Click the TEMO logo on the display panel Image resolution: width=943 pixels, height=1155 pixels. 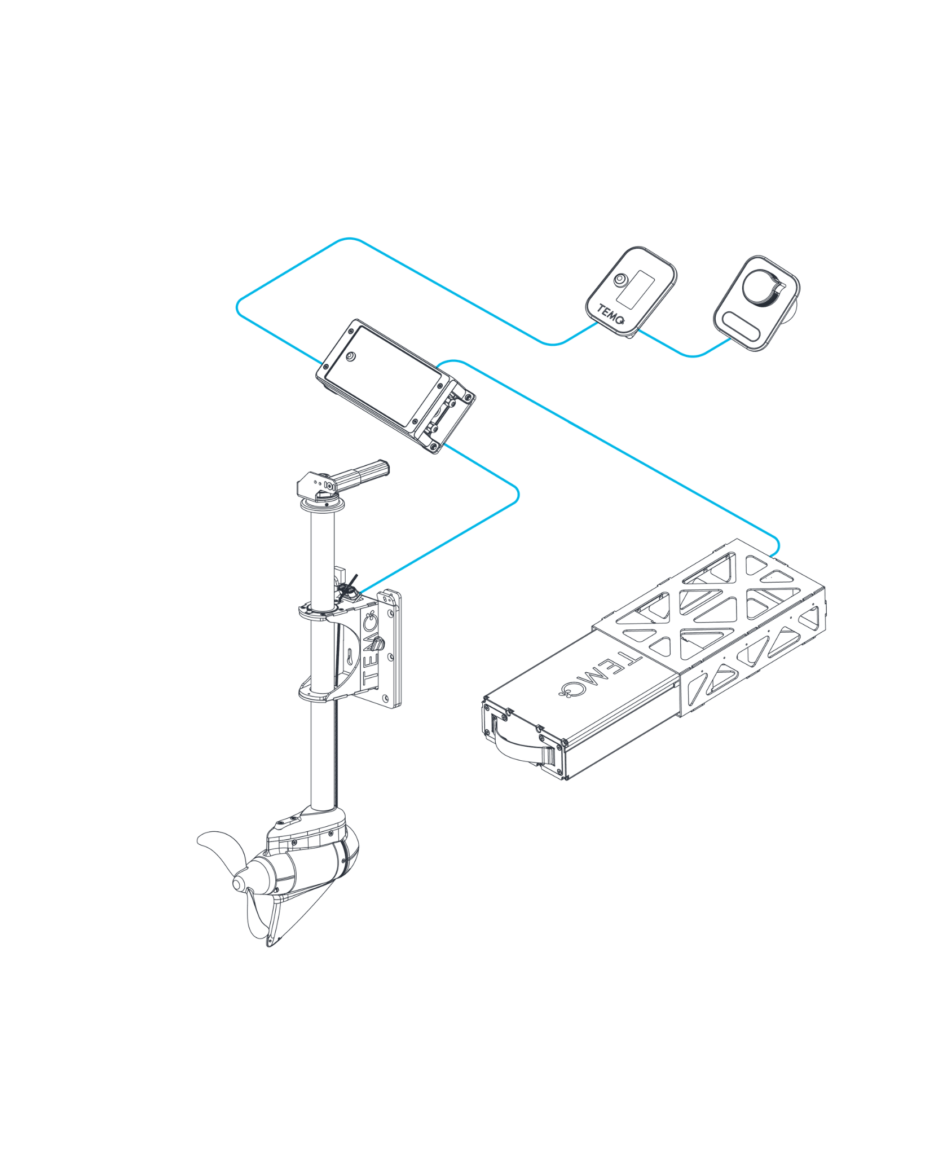(x=611, y=315)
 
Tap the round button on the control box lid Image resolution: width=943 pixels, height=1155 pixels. (x=351, y=356)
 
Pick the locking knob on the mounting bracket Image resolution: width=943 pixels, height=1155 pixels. (x=377, y=643)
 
